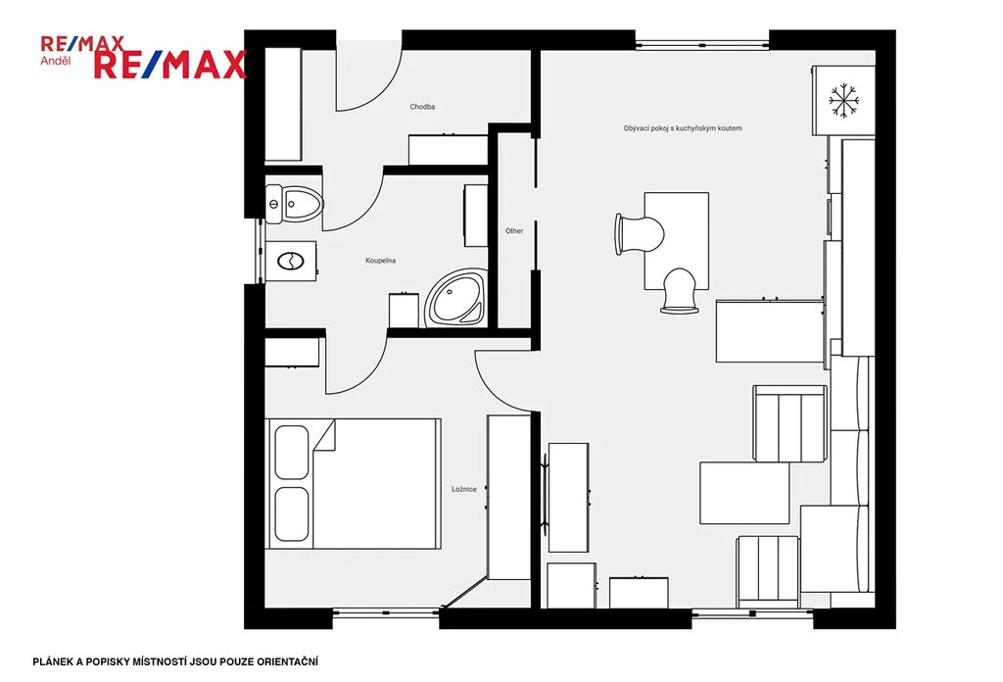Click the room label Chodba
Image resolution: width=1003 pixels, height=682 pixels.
point(422,107)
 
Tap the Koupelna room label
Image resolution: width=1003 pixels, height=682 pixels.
point(381,261)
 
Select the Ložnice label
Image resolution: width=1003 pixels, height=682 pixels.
point(463,489)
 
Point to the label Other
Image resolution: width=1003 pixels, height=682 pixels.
point(514,231)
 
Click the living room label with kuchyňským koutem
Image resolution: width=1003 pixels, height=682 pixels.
point(683,128)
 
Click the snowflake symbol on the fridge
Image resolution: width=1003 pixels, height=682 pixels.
point(843,101)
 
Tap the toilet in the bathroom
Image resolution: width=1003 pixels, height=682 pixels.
point(294,204)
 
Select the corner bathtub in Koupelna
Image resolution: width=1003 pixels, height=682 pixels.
point(456,298)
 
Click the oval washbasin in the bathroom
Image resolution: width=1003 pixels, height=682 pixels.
point(290,261)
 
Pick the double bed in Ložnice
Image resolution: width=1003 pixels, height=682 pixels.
point(353,484)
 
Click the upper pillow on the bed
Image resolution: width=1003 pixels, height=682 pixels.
point(292,453)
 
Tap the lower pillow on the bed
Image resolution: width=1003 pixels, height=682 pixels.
point(292,513)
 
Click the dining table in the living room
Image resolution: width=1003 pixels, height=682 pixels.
point(676,240)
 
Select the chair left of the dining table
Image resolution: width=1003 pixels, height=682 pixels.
point(639,234)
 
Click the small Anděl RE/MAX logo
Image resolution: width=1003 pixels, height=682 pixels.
point(82,51)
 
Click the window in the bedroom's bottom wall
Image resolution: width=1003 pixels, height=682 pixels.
point(386,612)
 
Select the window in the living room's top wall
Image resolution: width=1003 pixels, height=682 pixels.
point(701,45)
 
